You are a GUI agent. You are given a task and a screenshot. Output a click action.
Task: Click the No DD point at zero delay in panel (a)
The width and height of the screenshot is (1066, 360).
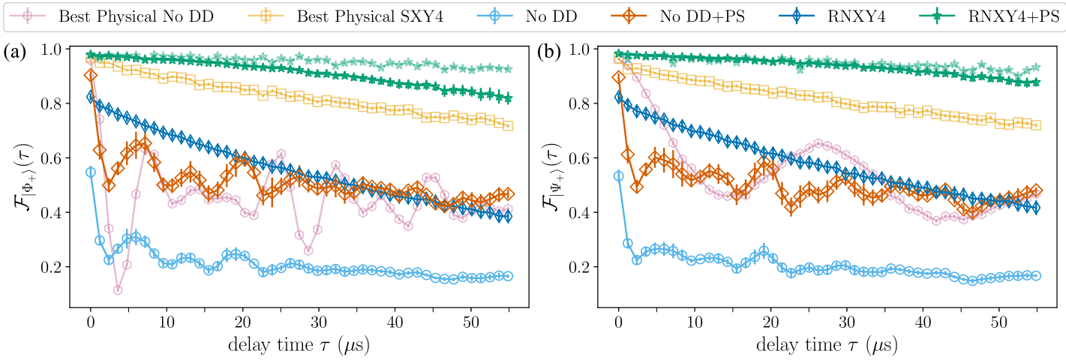point(91,172)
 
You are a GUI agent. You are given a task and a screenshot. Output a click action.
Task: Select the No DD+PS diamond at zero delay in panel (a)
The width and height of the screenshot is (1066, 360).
point(91,75)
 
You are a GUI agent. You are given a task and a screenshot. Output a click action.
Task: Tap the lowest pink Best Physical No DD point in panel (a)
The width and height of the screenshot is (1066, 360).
point(118,290)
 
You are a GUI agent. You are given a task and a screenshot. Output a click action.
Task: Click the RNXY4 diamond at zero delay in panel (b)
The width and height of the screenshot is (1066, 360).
point(619,97)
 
